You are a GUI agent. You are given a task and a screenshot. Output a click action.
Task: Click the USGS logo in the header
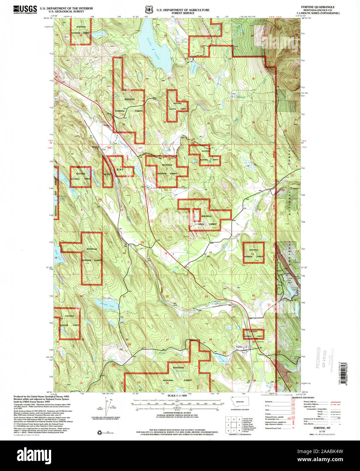pyautogui.click(x=25, y=9)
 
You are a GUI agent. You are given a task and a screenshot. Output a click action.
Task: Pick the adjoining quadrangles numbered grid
pyautogui.click(x=233, y=423)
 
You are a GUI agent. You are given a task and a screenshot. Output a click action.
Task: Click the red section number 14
pyautogui.click(x=210, y=252)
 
